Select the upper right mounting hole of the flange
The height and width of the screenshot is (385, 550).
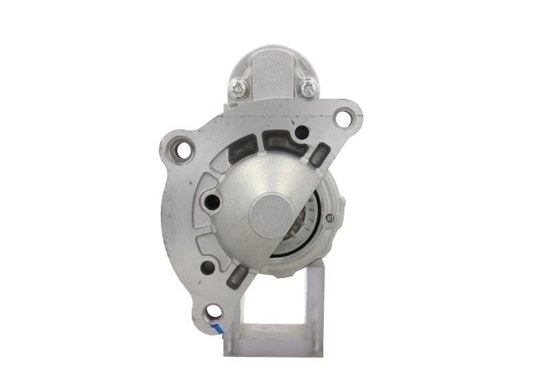[342, 117]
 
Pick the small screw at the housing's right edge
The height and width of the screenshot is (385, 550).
[331, 219]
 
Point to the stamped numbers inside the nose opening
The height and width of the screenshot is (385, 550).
[311, 209]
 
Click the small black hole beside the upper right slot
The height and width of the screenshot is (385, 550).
[300, 132]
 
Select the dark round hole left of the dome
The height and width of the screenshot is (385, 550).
[212, 202]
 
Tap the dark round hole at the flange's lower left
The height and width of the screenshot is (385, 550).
[208, 268]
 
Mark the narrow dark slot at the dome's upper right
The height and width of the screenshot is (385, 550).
[318, 154]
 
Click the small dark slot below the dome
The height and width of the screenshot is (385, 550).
[238, 276]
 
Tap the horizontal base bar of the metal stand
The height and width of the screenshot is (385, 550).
[274, 347]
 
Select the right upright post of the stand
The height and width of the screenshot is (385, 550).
[314, 302]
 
